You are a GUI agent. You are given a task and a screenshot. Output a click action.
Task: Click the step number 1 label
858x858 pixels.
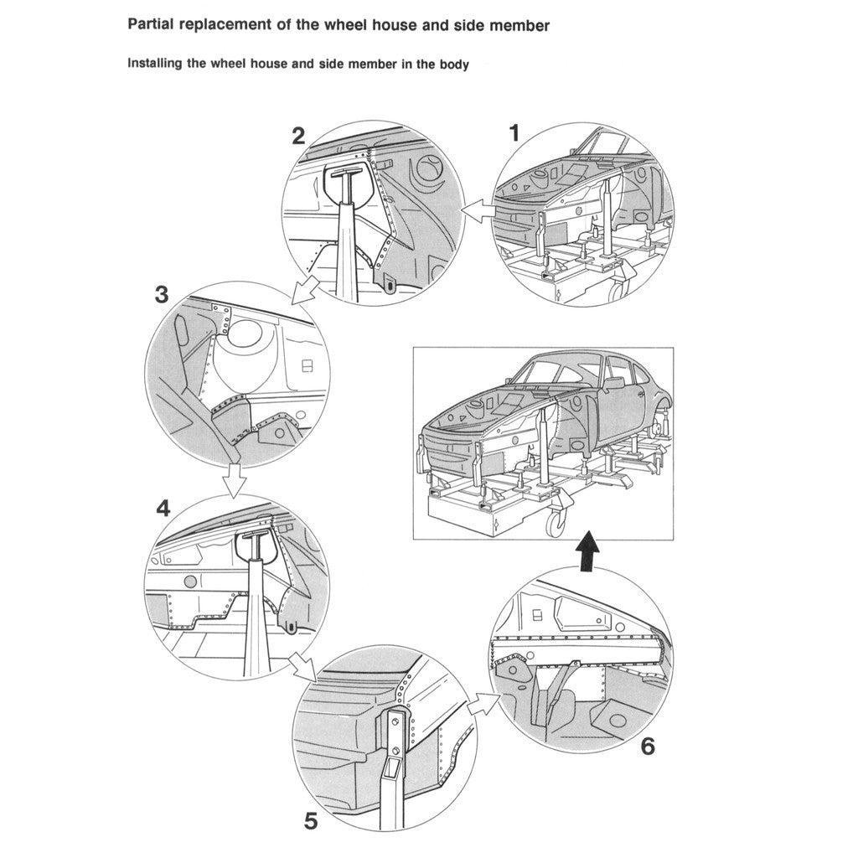(514, 132)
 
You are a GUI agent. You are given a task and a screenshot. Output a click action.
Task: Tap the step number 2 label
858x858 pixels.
(298, 136)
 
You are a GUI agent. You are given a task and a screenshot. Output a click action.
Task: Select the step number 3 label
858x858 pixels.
(162, 295)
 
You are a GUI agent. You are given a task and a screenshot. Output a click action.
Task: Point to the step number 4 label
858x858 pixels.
(163, 508)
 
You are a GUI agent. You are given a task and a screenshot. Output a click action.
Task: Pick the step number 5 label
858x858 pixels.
(311, 821)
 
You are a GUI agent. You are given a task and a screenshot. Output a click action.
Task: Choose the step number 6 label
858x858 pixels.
(648, 746)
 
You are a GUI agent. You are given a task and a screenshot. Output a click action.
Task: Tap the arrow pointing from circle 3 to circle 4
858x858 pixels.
(235, 480)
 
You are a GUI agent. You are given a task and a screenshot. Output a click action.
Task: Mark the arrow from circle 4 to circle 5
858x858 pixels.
(301, 668)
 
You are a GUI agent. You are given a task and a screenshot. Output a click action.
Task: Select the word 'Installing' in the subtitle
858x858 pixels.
(155, 64)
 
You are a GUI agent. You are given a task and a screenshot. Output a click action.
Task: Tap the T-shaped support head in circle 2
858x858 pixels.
(351, 178)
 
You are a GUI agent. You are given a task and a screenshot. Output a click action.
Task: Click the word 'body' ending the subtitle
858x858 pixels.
(453, 65)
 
